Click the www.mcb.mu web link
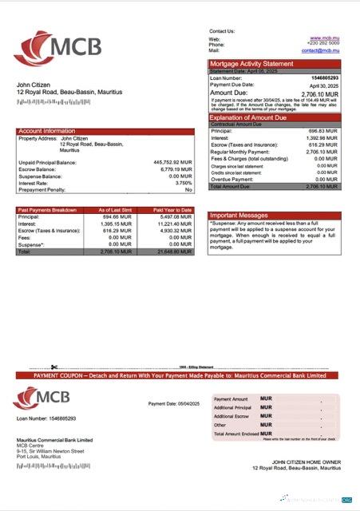click(326, 38)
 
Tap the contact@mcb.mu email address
click(322, 50)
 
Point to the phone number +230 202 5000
click(324, 44)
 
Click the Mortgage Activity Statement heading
click(251, 64)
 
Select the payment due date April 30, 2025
click(325, 85)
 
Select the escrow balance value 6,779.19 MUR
click(176, 169)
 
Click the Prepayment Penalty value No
click(188, 190)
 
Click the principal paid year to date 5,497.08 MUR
click(176, 216)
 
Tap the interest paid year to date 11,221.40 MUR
click(174, 224)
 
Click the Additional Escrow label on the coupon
click(234, 416)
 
